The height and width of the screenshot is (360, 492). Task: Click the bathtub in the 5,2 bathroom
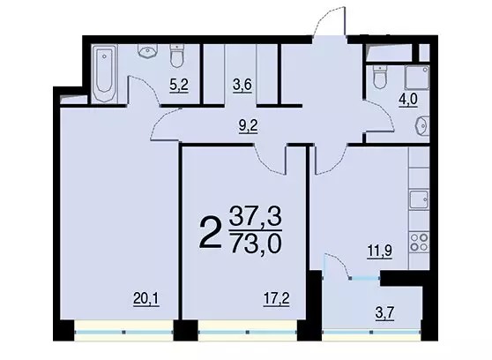[105, 74]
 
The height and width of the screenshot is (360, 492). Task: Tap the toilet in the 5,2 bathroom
[177, 56]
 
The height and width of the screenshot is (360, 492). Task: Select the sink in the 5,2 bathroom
[147, 51]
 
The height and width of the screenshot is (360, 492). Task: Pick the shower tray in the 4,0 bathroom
[417, 77]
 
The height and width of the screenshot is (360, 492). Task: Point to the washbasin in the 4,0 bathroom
[422, 125]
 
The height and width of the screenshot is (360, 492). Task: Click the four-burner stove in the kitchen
[419, 242]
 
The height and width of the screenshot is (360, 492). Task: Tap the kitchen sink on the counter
[419, 199]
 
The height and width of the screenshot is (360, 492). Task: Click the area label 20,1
[146, 298]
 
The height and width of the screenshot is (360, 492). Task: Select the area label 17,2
[276, 298]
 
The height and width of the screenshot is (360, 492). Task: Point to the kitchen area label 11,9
[380, 251]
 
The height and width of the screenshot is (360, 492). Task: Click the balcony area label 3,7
[384, 313]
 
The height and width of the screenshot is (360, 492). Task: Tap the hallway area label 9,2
[248, 126]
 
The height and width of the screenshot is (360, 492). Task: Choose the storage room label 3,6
[242, 85]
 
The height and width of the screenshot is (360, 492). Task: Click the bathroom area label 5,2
[178, 85]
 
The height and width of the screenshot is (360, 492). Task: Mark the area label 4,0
[408, 101]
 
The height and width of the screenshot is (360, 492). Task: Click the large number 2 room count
[210, 233]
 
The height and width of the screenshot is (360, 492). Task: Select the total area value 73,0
[256, 244]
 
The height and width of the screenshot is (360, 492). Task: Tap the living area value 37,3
[256, 215]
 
